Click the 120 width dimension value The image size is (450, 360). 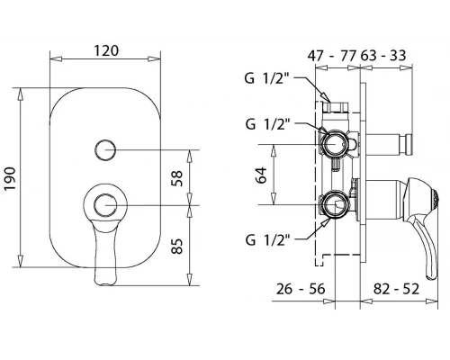tap(106, 50)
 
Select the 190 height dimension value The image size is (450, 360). tap(10, 178)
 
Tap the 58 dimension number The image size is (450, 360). tap(177, 178)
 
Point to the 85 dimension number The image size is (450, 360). tap(177, 246)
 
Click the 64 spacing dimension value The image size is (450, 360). tap(261, 175)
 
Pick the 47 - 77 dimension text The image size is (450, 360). tap(332, 56)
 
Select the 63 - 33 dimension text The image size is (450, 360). tap(383, 56)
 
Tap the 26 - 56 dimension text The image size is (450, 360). tap(301, 289)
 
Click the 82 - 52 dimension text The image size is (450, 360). tap(396, 289)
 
